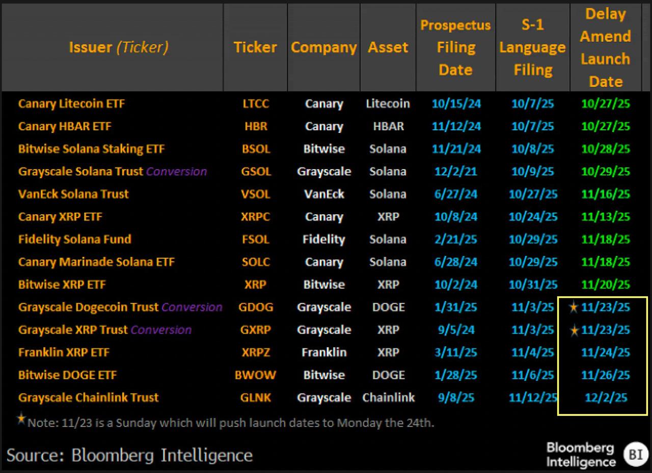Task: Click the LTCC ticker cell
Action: click(255, 104)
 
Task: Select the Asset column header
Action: click(388, 47)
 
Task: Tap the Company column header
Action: click(323, 47)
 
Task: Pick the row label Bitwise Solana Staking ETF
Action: click(92, 149)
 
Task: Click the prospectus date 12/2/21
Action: click(456, 172)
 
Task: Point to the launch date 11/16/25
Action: click(606, 194)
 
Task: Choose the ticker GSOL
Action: click(255, 172)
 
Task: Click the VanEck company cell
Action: click(323, 194)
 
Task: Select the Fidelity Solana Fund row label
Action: click(75, 239)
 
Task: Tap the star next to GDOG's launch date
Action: click(574, 307)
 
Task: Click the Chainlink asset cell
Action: click(388, 398)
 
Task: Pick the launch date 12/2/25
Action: click(606, 398)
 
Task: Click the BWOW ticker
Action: click(255, 375)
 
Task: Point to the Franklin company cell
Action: click(323, 352)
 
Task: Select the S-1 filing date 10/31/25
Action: click(533, 285)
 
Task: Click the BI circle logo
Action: click(636, 454)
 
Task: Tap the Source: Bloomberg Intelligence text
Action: click(130, 455)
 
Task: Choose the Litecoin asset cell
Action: click(388, 104)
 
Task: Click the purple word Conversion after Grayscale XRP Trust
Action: click(161, 330)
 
